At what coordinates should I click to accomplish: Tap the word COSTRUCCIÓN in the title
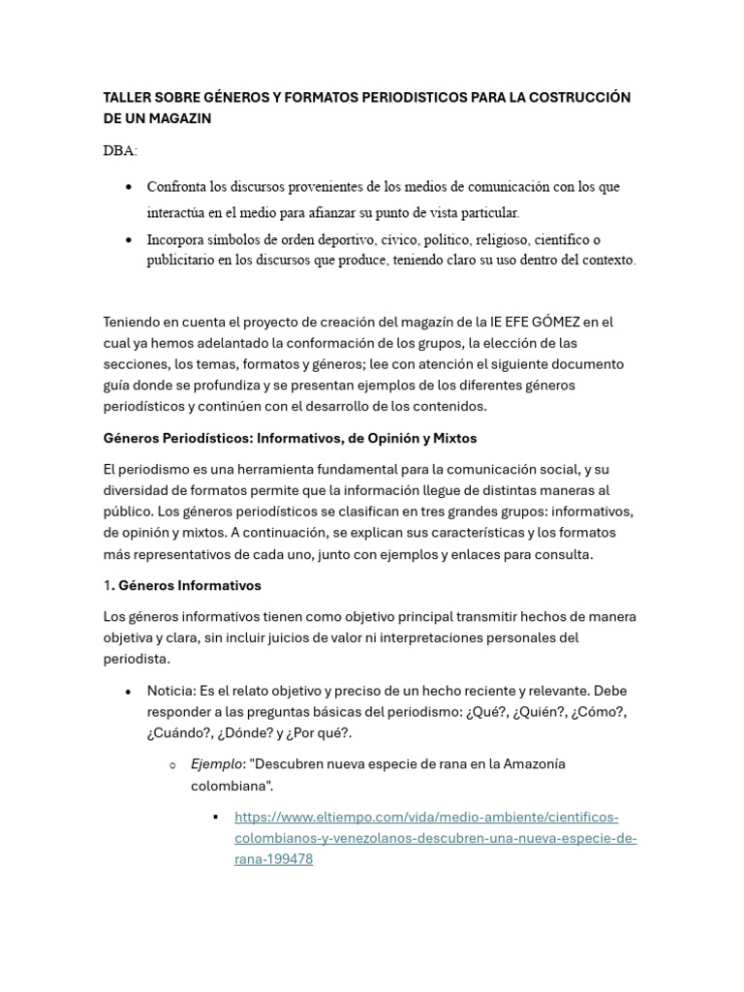coord(577,98)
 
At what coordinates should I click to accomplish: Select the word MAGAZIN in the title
coord(177,118)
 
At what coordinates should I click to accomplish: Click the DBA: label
coord(120,150)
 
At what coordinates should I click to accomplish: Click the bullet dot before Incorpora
coord(130,239)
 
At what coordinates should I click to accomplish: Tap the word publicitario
coord(184,260)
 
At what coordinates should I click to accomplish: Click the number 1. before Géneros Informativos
coord(108,585)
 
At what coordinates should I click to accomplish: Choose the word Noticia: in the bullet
coord(170,691)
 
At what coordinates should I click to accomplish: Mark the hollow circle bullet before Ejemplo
coord(172,764)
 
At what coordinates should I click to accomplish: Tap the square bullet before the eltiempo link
coord(216,817)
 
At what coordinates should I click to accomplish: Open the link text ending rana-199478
coord(273,858)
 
